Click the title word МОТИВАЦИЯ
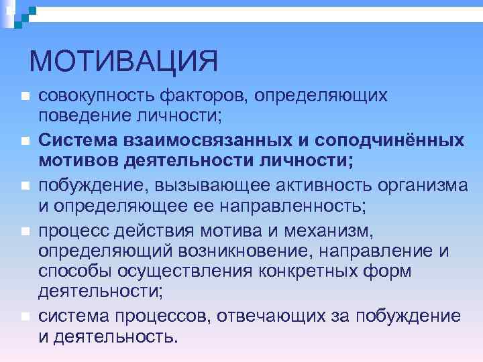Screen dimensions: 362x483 coord(124,62)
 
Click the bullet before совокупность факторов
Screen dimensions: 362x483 coord(24,97)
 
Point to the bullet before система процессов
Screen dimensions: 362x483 coord(24,316)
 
